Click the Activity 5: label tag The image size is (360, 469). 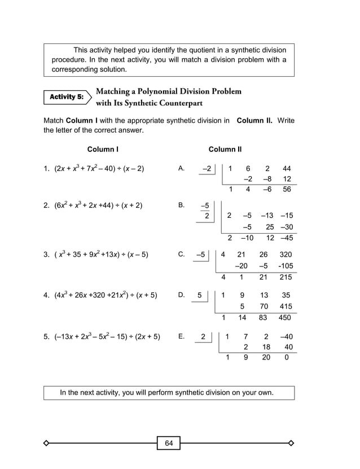(x=66, y=97)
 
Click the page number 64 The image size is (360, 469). (x=169, y=443)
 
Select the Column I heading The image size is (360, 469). (x=103, y=150)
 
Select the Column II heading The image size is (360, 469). (x=225, y=150)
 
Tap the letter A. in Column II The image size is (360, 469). (x=181, y=168)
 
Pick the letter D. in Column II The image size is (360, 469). (x=181, y=295)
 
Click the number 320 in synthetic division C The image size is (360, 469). (x=286, y=255)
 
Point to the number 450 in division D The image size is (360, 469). (x=285, y=318)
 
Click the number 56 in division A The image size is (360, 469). (x=287, y=190)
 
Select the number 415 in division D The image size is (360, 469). (x=286, y=306)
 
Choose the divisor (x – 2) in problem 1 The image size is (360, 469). (x=133, y=169)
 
